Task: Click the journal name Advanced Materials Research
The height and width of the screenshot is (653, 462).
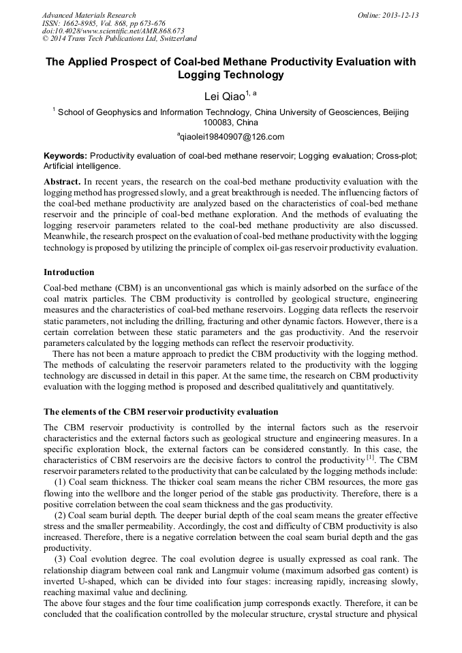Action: [x=89, y=15]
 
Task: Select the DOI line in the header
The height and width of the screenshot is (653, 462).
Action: [x=113, y=31]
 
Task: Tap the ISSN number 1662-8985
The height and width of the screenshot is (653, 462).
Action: [x=92, y=23]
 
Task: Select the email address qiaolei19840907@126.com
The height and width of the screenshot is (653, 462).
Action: [x=231, y=136]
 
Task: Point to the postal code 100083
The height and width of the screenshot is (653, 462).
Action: [x=217, y=123]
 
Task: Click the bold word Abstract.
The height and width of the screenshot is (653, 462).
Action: [x=62, y=182]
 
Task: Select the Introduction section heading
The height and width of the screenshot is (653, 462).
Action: [x=69, y=272]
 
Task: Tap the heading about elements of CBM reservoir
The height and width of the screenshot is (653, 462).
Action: [x=161, y=412]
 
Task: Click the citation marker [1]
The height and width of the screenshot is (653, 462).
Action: [x=371, y=458]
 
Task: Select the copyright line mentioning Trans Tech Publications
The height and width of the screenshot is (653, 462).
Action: [x=119, y=39]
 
